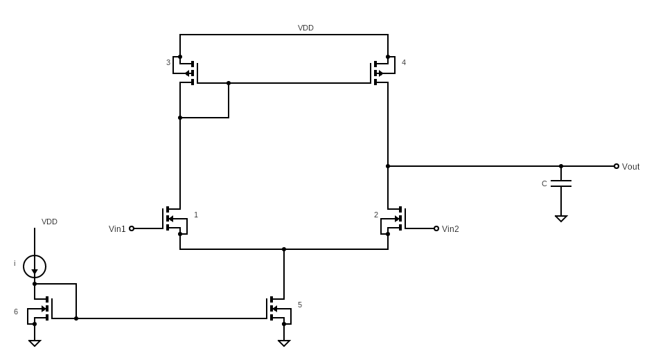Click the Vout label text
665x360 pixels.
tap(630, 167)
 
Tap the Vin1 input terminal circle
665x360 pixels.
tap(132, 228)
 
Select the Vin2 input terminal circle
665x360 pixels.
tap(436, 228)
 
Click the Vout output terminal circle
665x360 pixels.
tap(617, 166)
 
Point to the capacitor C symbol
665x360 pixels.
tap(561, 183)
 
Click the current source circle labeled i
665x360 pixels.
tap(35, 267)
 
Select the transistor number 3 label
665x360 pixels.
tap(168, 62)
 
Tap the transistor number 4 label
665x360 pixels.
tap(404, 62)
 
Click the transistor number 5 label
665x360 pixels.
tap(300, 305)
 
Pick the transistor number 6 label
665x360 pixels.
tap(16, 312)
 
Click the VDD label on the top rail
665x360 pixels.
tap(305, 28)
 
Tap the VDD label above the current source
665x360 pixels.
tap(49, 222)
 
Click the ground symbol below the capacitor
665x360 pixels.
tap(561, 218)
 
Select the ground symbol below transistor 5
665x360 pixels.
tap(284, 343)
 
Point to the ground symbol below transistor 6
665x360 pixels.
tap(35, 343)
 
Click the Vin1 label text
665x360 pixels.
tap(117, 229)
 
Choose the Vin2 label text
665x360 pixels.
tap(450, 229)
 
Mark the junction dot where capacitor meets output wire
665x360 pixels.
tap(561, 166)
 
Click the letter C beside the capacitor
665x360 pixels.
tap(544, 183)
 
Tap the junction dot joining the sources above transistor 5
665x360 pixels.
tap(284, 249)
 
